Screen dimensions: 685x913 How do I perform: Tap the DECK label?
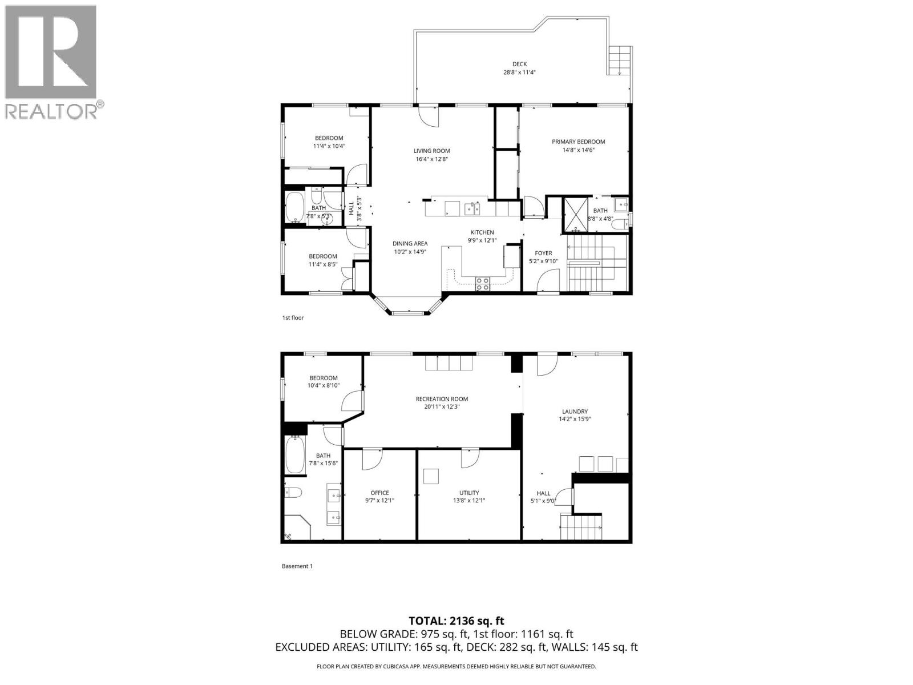coord(519,64)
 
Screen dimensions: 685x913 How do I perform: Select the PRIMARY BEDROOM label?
coord(578,142)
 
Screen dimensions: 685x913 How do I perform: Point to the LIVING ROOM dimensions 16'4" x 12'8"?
coord(431,159)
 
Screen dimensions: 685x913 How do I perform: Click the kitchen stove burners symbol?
coord(483,283)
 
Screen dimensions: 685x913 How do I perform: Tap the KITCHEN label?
coord(482,232)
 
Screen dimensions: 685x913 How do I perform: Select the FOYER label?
coord(543,253)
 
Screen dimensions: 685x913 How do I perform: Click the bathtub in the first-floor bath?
coord(295,207)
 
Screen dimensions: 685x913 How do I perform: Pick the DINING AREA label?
coord(410,243)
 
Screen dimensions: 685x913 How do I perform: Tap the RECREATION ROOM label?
coord(442,399)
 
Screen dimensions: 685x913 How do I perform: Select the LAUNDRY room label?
coord(575,411)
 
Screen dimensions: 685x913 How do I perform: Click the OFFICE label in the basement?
coord(379,493)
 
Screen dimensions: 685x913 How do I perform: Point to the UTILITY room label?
coord(469,493)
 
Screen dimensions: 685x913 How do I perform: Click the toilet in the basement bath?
coord(293,492)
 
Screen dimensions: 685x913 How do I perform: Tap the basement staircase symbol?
coord(581,527)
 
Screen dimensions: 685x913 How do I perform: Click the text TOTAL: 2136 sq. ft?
coord(457,621)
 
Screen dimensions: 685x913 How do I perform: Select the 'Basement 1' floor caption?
coord(297,566)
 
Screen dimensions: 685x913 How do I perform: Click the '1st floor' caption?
coord(293,317)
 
